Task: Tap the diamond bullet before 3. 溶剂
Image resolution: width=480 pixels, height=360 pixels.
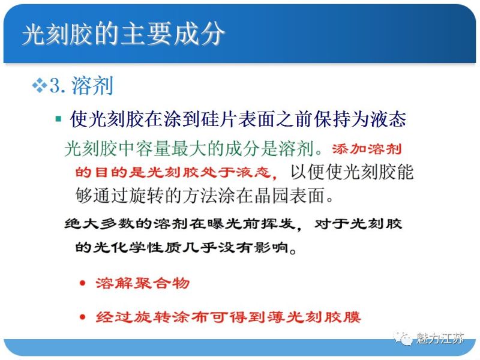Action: click(39, 86)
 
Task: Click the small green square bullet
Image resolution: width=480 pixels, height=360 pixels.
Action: click(58, 119)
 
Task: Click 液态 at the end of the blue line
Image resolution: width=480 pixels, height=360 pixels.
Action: click(389, 119)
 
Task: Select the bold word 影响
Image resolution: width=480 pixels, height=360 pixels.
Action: click(271, 247)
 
